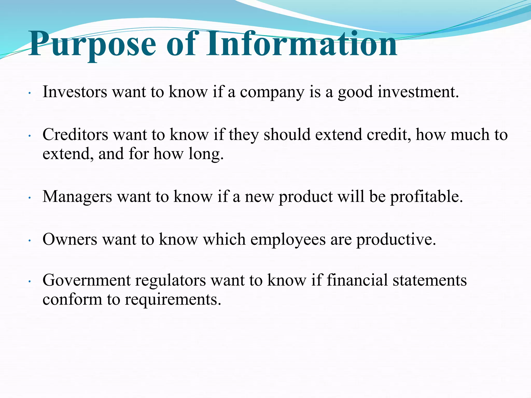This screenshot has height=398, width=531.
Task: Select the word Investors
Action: (x=75, y=92)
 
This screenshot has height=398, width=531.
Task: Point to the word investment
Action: (x=418, y=92)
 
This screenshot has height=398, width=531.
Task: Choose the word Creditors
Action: (x=75, y=135)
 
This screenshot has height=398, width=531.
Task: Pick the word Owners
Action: (x=70, y=239)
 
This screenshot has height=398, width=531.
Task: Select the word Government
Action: (x=87, y=281)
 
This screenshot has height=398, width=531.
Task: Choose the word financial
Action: (x=357, y=280)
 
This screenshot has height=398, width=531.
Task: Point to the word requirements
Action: (x=173, y=300)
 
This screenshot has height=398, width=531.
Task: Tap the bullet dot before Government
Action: (x=30, y=282)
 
